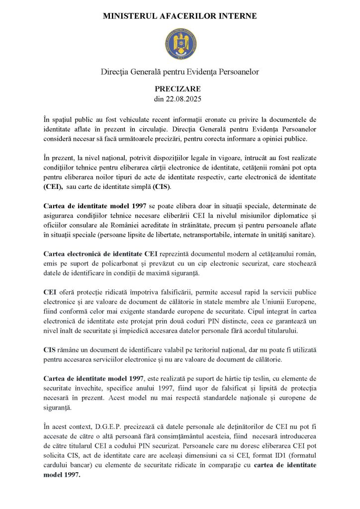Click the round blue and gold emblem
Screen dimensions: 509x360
coord(180,43)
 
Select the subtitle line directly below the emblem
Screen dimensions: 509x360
coord(180,72)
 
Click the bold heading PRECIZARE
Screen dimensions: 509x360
coord(180,88)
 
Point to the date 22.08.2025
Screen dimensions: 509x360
coord(184,98)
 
